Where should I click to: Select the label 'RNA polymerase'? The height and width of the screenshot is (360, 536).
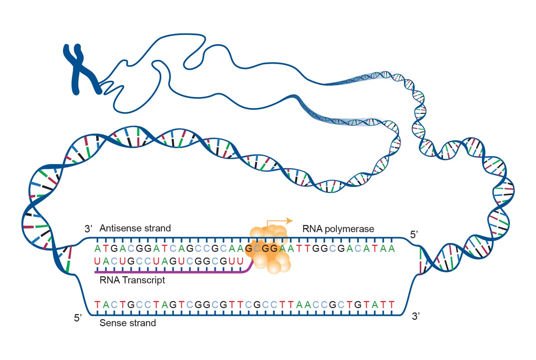pos(338,229)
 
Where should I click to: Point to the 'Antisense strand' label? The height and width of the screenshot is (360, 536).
pos(135,228)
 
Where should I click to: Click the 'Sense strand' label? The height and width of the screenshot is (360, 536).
pos(128,323)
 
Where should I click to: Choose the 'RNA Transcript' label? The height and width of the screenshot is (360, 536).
pos(132,280)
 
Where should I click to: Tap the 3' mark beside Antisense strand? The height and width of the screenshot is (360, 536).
pos(88,229)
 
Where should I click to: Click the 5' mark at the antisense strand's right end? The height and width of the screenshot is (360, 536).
pos(414,235)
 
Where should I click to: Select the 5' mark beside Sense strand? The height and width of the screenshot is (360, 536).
pos(78,318)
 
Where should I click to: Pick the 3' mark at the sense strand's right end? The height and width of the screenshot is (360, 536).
pos(415,316)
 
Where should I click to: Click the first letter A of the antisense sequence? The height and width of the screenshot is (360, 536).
pos(97,249)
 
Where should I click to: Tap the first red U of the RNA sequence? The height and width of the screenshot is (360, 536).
pos(97,261)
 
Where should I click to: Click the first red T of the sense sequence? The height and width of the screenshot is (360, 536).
pos(97,304)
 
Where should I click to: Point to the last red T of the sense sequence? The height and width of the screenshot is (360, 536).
pos(391,304)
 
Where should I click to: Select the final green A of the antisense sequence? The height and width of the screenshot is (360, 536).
pos(391,249)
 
